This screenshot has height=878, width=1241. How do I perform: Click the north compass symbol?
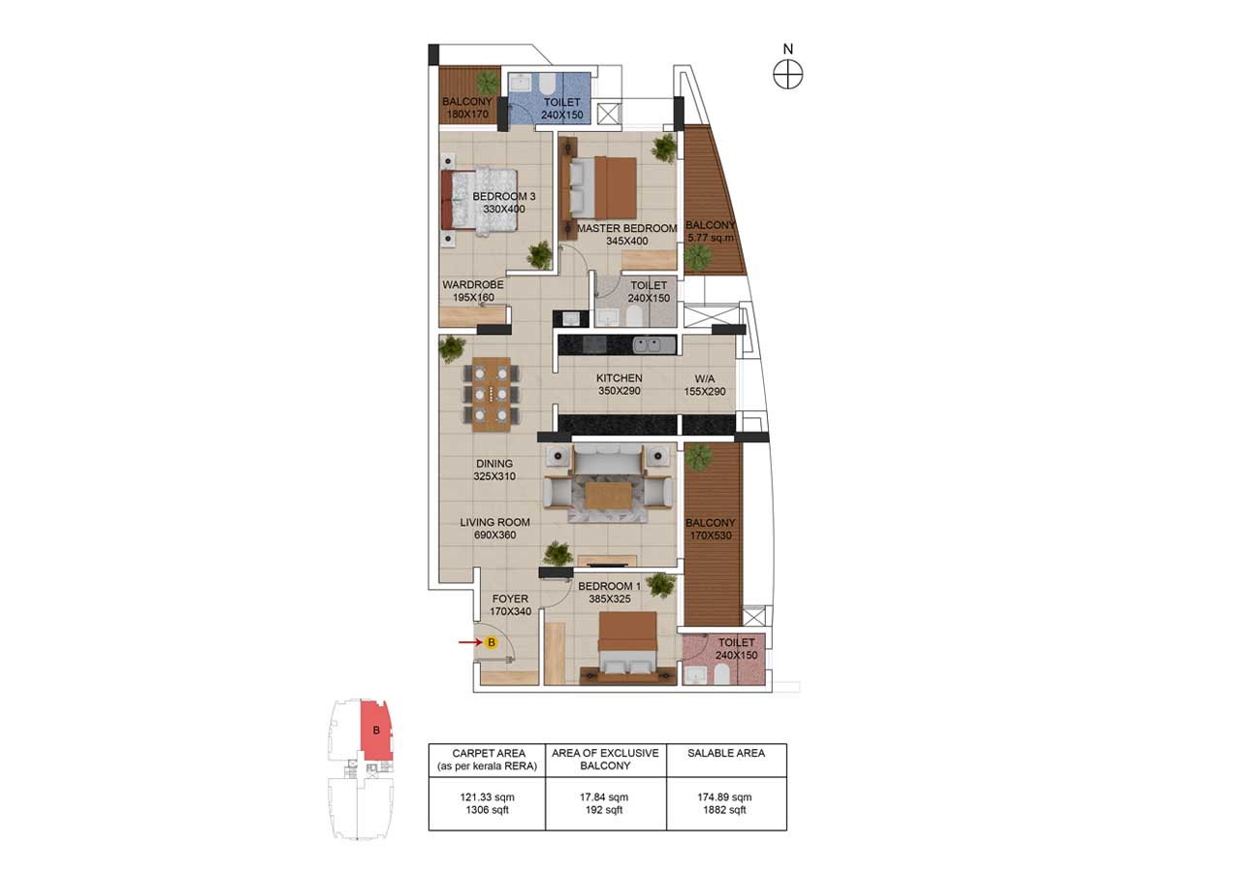click(788, 73)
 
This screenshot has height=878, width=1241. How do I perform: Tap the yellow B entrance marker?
click(492, 642)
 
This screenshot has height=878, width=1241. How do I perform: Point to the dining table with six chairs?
click(492, 393)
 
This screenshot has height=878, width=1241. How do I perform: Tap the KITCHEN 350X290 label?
click(619, 385)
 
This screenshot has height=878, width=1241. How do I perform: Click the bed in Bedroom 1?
click(627, 645)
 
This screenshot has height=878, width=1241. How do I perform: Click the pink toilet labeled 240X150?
click(725, 660)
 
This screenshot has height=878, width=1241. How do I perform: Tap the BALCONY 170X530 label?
click(712, 530)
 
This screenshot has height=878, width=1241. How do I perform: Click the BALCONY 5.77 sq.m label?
click(711, 231)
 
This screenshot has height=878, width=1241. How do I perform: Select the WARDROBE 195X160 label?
click(472, 291)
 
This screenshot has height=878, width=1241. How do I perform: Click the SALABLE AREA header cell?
click(725, 753)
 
